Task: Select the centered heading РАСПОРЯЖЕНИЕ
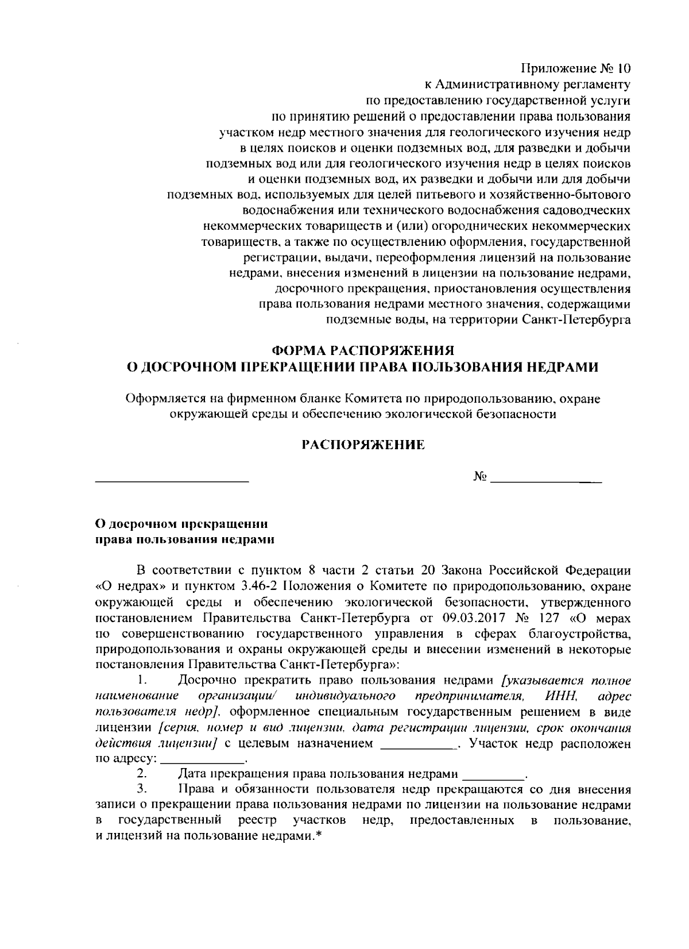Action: pyautogui.click(x=363, y=445)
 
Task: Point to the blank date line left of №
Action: pyautogui.click(x=172, y=479)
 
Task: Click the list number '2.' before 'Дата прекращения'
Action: pyautogui.click(x=144, y=774)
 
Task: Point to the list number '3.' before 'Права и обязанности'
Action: pyautogui.click(x=144, y=789)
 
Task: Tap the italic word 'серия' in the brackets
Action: pyautogui.click(x=177, y=728)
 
